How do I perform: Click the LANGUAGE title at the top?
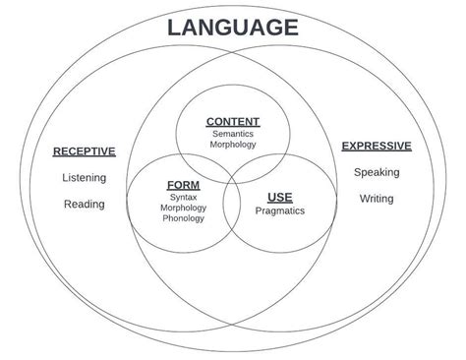tap(232, 27)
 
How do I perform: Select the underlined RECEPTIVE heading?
tap(84, 151)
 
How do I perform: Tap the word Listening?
tap(84, 178)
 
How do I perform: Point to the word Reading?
tap(84, 205)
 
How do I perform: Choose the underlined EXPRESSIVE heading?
tap(377, 147)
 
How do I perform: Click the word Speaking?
tap(377, 172)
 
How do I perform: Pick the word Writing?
tap(377, 199)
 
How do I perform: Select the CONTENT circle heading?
tap(232, 122)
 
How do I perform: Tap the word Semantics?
tap(232, 133)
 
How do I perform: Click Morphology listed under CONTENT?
tap(232, 145)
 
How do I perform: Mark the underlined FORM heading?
tap(184, 185)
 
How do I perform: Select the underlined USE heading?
tap(279, 197)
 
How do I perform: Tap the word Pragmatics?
tap(279, 210)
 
